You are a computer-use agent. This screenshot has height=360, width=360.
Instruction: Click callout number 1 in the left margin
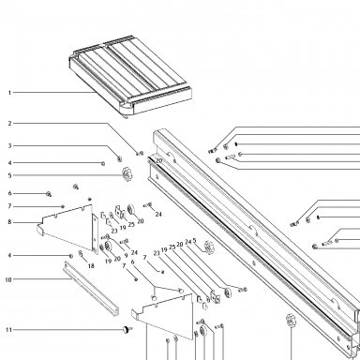click(9, 93)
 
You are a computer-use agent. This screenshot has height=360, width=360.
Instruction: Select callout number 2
click(9, 124)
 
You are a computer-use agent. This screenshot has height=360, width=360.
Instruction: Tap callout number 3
click(9, 146)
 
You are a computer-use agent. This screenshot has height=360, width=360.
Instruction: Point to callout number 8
click(9, 222)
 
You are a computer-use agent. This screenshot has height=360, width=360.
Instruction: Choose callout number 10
click(8, 279)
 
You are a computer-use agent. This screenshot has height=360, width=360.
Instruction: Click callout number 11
click(8, 330)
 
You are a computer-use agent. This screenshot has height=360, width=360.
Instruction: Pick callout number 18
click(91, 266)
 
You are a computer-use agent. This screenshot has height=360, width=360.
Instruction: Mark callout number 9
click(126, 255)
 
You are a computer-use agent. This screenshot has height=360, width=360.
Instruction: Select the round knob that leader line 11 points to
click(127, 329)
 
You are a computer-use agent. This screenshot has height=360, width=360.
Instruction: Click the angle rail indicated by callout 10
click(91, 288)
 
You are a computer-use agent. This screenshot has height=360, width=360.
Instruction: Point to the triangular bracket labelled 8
click(68, 227)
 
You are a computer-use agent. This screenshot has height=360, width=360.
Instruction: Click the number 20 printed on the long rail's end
click(158, 160)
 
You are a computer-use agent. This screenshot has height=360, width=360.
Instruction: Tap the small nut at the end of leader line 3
click(119, 158)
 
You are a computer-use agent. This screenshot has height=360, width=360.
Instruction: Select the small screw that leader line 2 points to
click(140, 154)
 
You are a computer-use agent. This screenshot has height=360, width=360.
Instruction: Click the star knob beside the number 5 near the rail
click(209, 247)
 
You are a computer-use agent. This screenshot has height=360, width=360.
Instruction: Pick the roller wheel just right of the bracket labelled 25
click(131, 210)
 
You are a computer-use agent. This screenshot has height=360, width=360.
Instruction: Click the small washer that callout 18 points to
click(81, 252)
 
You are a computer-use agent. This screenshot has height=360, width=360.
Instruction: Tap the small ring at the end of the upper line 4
click(103, 163)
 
